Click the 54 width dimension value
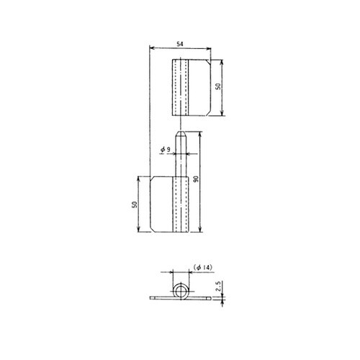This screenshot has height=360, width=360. pos(180,44)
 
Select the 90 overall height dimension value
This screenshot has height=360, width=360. pos(196,179)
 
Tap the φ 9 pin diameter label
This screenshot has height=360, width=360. pos(166,150)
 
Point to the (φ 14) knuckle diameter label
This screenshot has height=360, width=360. pos(203,267)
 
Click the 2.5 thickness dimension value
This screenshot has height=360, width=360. pos(218,287)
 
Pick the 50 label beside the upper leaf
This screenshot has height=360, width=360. pos(218,86)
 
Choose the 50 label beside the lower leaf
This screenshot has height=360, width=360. pos(135,204)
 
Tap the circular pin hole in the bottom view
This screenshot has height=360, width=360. pos(181,291)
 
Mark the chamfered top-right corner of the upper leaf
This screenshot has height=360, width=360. pos(208,62)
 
